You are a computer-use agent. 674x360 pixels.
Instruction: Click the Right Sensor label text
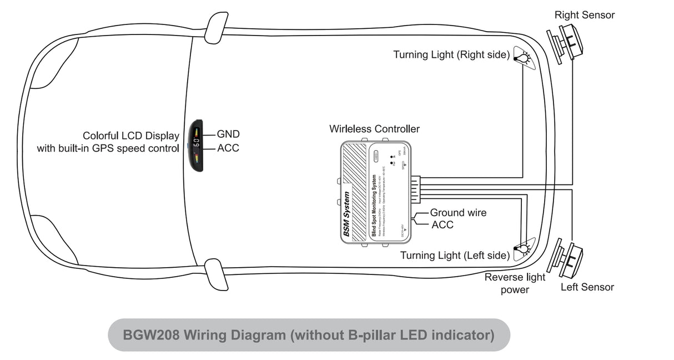pos(585,15)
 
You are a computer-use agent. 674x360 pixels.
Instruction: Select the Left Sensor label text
pos(587,287)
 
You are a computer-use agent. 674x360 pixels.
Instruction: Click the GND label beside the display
pos(228,134)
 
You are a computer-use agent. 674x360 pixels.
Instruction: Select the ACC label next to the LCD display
pos(228,148)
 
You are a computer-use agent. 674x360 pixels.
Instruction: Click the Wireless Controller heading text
pos(374,129)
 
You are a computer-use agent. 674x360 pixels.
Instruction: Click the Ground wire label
pos(458,213)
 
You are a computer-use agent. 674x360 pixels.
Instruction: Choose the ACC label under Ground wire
pos(442,225)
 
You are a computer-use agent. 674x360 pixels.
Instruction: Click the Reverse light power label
pos(515,283)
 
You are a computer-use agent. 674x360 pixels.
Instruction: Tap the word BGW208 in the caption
pos(150,335)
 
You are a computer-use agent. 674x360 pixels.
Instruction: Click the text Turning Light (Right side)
pos(451,54)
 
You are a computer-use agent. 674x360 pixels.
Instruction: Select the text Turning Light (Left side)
pos(454,256)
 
